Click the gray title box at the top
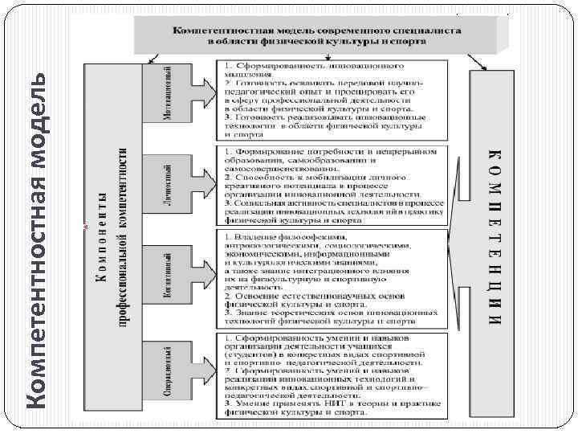(x=316, y=34)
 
